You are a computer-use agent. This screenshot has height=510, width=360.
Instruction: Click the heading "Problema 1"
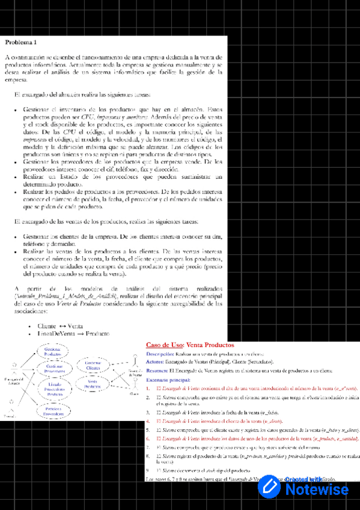pos(21,43)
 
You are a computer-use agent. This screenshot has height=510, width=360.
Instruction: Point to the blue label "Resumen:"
pos(156,371)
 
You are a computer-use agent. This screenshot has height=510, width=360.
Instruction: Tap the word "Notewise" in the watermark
pos(325,490)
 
